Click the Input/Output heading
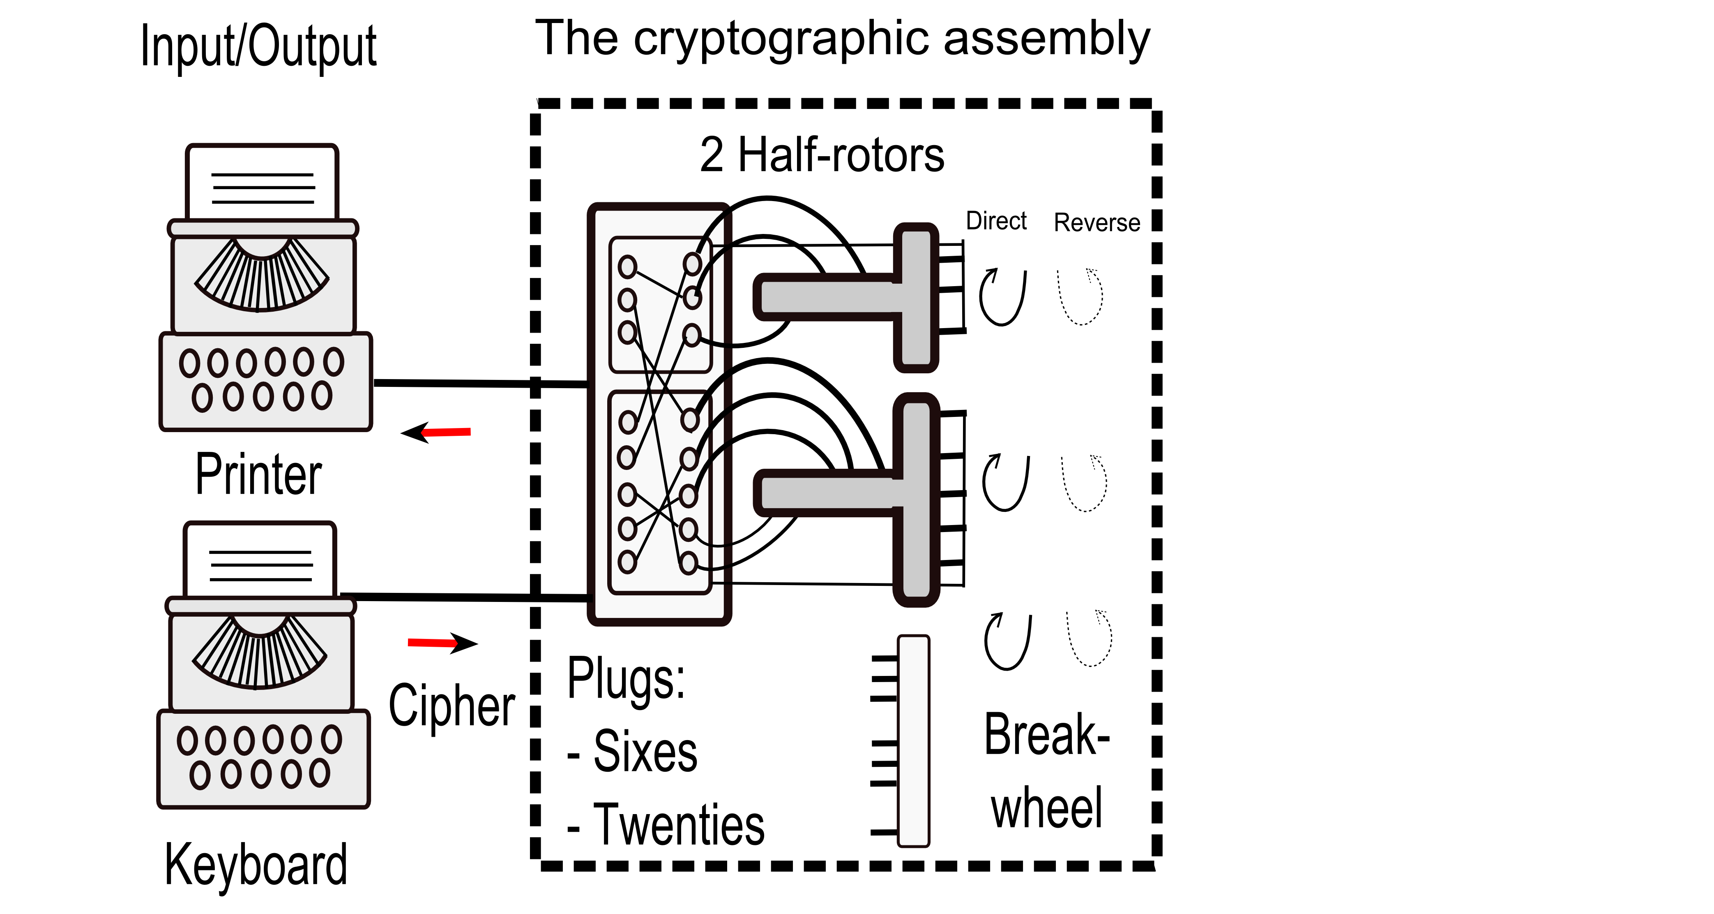pyautogui.click(x=258, y=46)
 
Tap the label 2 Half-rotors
pyautogui.click(x=822, y=155)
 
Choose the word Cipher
pyautogui.click(x=452, y=706)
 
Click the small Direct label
pyautogui.click(x=996, y=221)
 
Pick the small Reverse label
pyautogui.click(x=1097, y=222)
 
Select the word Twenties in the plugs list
pyautogui.click(x=679, y=826)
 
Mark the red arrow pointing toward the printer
pyautogui.click(x=436, y=433)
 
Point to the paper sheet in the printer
pyautogui.click(x=262, y=183)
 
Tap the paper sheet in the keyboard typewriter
pyautogui.click(x=260, y=560)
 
